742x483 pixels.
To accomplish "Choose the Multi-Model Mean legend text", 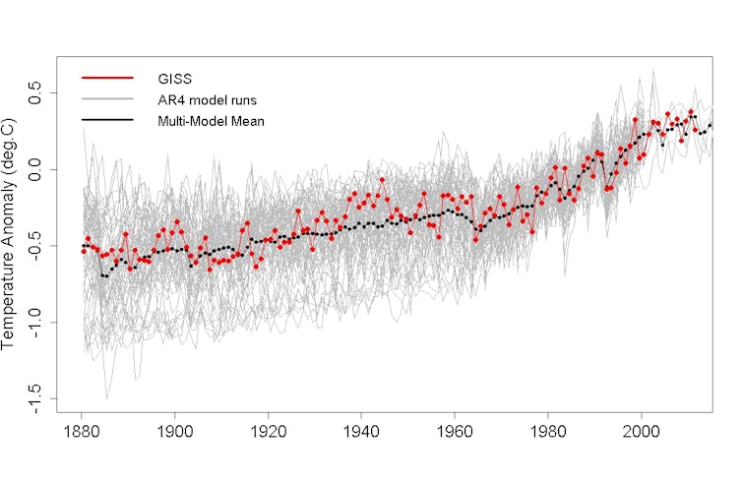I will tap(212, 121).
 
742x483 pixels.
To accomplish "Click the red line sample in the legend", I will tap(107, 78).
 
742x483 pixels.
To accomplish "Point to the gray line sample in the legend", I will tap(107, 99).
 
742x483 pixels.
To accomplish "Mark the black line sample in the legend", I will tap(107, 121).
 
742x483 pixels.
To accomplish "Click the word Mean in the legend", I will tap(248, 121).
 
